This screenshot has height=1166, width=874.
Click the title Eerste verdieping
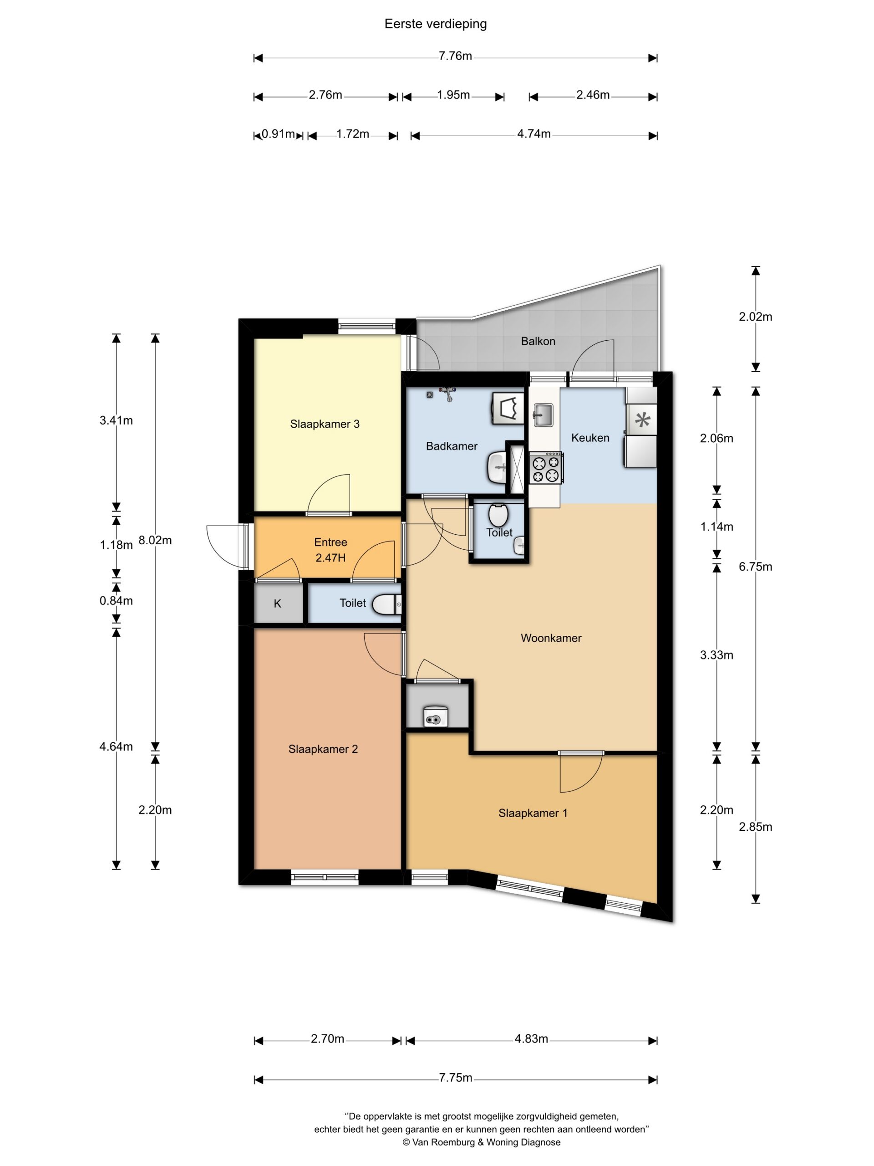click(x=435, y=24)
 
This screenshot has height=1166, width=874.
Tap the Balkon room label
click(x=538, y=341)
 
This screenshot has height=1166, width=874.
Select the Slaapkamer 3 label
click(x=325, y=424)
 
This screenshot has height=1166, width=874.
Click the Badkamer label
click(x=452, y=446)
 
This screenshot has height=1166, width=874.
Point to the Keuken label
click(x=590, y=438)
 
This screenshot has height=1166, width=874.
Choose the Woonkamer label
click(x=551, y=638)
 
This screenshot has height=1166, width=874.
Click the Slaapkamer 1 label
click(x=533, y=813)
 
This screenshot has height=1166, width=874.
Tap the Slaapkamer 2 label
click(x=323, y=749)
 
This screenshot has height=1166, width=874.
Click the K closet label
click(x=278, y=603)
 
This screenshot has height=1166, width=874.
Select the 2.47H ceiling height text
click(x=330, y=557)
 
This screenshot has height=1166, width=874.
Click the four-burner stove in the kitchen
click(x=546, y=468)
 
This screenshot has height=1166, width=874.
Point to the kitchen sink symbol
click(x=543, y=414)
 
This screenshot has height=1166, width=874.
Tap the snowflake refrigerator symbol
click(x=643, y=420)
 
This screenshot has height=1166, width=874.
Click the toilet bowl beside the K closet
click(x=387, y=604)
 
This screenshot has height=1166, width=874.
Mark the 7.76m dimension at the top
click(x=455, y=56)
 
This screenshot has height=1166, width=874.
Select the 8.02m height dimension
click(x=155, y=540)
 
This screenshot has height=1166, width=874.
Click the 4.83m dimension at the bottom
click(x=531, y=1039)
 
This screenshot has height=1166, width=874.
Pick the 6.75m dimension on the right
click(x=756, y=567)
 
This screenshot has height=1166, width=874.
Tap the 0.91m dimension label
click(x=278, y=134)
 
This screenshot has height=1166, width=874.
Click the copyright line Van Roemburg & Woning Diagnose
click(x=482, y=1142)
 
